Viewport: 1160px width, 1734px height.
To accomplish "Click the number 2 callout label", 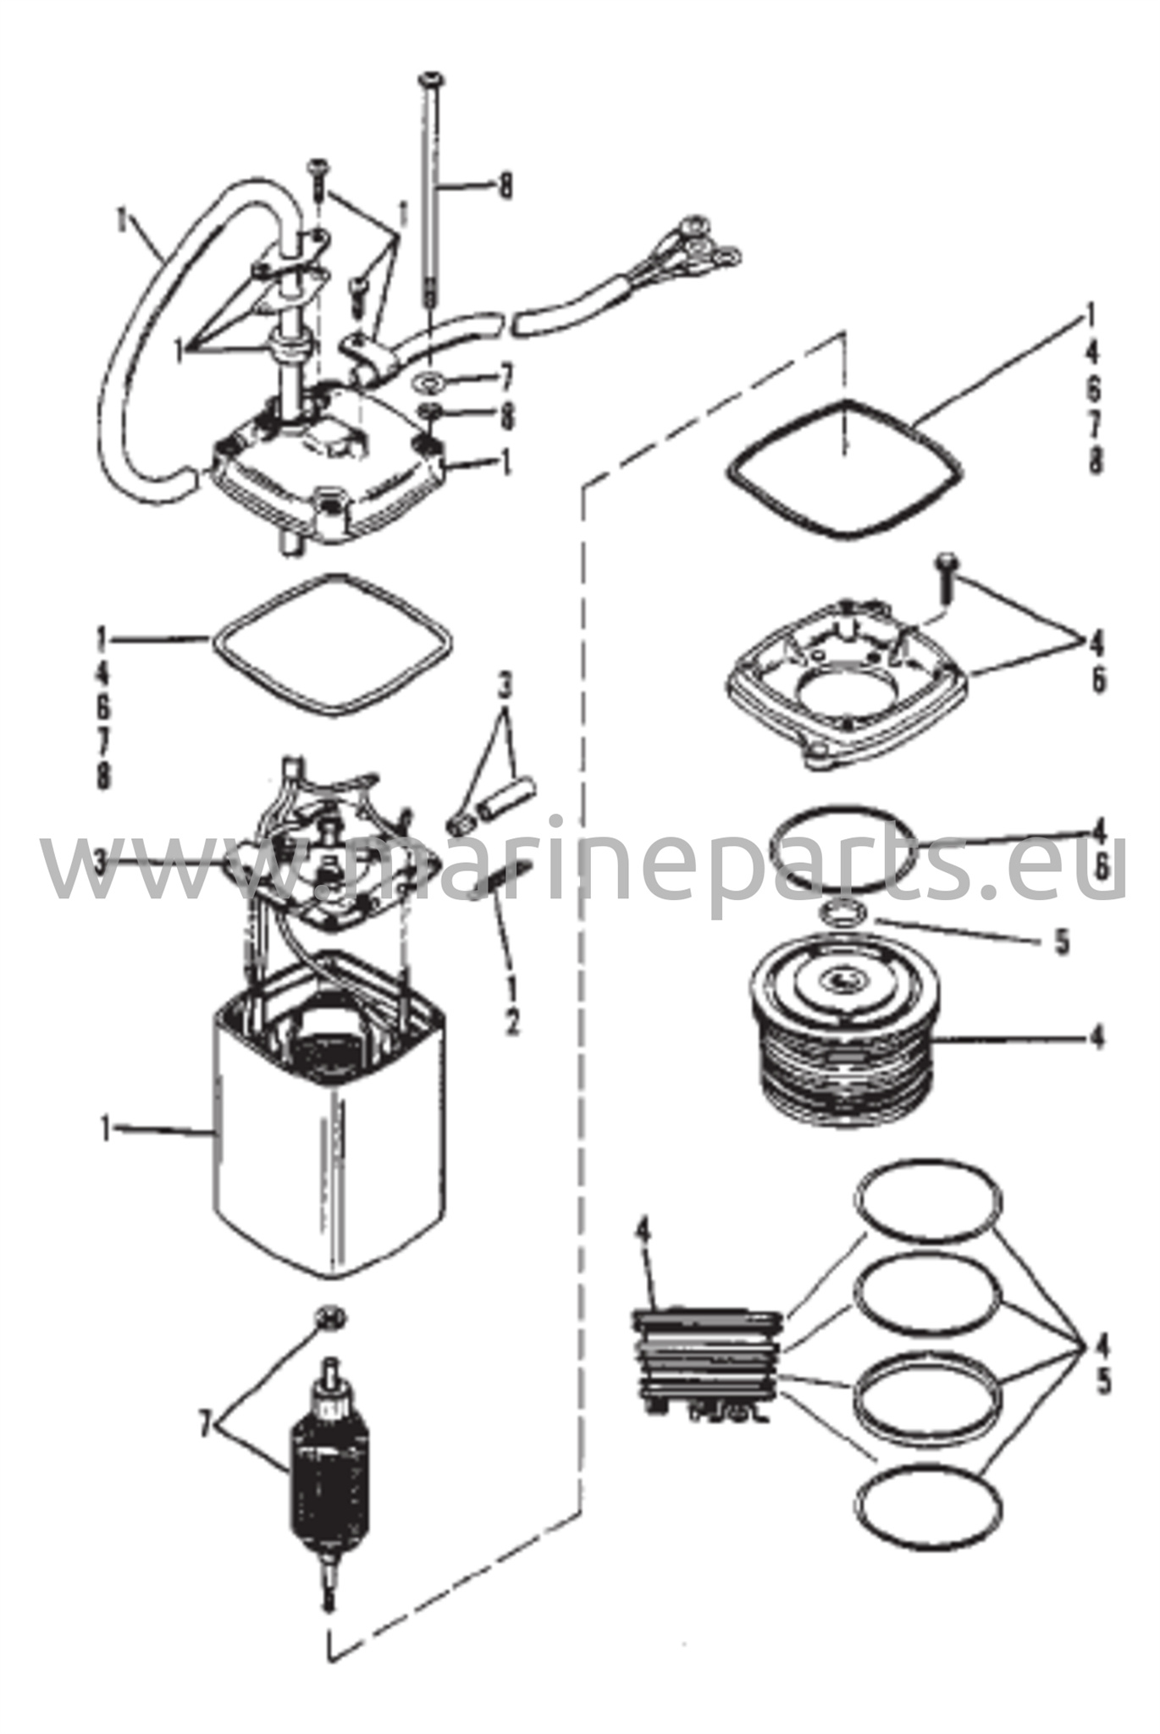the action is (x=513, y=1024).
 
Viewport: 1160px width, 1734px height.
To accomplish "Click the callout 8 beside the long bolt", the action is (x=505, y=185).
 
